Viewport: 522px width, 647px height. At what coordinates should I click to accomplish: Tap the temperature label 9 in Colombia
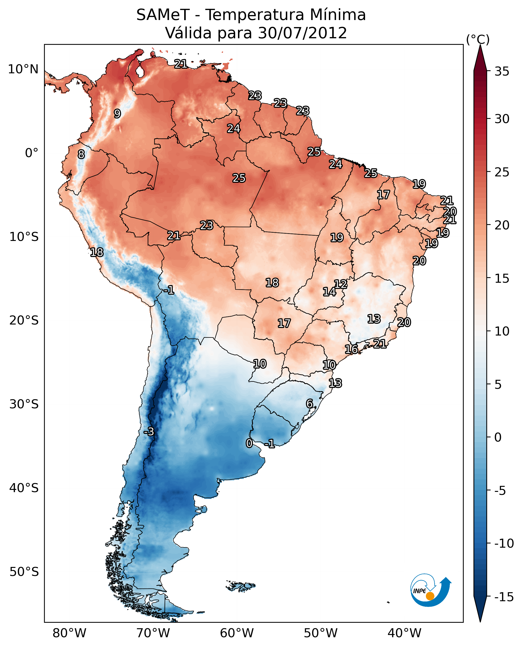(x=117, y=114)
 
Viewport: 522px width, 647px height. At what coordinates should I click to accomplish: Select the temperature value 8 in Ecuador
(x=81, y=154)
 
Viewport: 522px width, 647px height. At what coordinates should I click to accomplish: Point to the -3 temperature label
(x=149, y=431)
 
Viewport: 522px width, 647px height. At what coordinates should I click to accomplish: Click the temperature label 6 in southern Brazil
(x=309, y=404)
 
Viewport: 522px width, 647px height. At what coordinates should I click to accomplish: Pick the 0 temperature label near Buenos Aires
(x=249, y=443)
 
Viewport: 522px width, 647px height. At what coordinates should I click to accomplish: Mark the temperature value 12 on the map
(x=341, y=284)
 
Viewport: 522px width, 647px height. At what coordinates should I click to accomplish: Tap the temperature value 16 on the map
(x=351, y=349)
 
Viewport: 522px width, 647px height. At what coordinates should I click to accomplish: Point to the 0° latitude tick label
(x=32, y=153)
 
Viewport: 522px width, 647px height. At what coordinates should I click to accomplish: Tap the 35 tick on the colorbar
(x=502, y=72)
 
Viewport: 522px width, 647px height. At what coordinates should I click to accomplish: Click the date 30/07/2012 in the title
(x=303, y=33)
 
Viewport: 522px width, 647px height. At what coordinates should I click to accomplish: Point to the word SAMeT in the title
(x=163, y=15)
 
